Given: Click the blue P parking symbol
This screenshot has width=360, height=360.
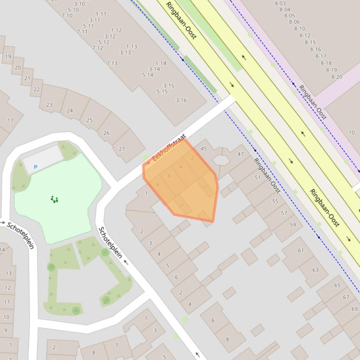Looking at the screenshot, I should [x=36, y=167].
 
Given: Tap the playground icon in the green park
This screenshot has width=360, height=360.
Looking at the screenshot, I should [x=55, y=200].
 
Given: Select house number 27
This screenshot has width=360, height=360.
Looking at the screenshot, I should [x=122, y=149].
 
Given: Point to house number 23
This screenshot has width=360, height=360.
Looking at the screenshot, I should [x=49, y=105].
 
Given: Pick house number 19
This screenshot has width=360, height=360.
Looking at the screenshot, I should [x=8, y=57].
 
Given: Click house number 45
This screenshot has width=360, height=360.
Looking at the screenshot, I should [x=203, y=149].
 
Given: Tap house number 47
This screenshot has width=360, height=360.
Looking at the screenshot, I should [x=241, y=154].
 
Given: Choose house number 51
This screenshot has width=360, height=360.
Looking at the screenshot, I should [x=257, y=177].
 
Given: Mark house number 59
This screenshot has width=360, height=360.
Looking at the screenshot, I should [x=293, y=224].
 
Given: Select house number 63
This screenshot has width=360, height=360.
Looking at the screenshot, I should [x=315, y=270].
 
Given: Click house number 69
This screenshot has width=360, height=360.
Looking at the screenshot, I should [x=354, y=309].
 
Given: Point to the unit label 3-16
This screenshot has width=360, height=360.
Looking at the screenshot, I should [x=181, y=101].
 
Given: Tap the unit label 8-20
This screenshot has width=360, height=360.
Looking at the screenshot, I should [x=337, y=77].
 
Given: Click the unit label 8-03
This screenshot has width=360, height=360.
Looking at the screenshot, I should [x=280, y=3].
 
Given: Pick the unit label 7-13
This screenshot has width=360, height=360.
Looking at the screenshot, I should [x=112, y=64].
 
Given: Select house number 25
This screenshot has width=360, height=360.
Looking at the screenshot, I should [x=89, y=120].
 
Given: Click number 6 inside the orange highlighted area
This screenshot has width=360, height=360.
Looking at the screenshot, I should [x=169, y=176].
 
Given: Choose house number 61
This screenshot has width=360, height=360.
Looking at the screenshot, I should [x=301, y=250].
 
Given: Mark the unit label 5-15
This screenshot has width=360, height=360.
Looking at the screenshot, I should [x=162, y=92].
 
